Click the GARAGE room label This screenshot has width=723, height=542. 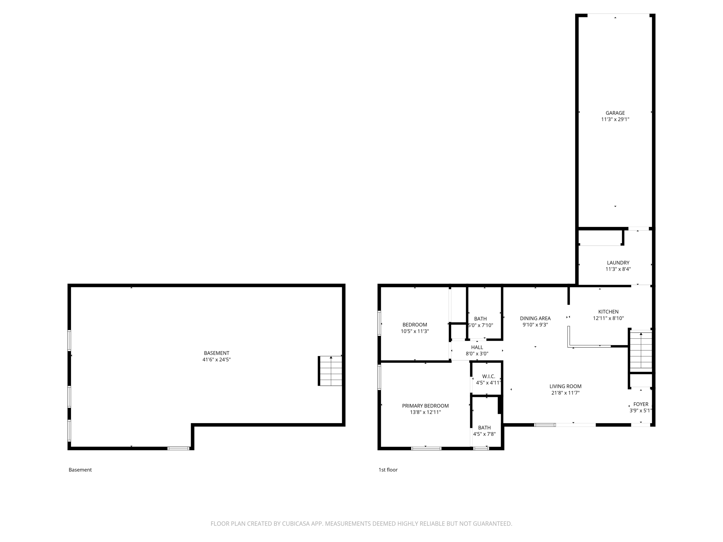615,113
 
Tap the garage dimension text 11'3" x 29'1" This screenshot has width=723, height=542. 615,119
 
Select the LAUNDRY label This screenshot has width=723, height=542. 618,263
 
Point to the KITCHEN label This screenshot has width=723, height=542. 608,312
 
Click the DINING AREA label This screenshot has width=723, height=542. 535,318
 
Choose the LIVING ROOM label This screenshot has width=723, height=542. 565,386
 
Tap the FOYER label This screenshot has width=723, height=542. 640,404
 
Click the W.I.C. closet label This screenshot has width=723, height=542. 489,377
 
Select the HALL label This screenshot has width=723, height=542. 477,347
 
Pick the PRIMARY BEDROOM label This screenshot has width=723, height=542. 425,406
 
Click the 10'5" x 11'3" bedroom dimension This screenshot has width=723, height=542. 414,331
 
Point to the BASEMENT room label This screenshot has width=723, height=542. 216,353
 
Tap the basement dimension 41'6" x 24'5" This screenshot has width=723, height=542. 216,360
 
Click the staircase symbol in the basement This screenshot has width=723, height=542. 330,371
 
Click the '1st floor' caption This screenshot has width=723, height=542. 388,470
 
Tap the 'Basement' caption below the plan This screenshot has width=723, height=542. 80,470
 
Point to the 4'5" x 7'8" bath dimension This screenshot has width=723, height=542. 484,434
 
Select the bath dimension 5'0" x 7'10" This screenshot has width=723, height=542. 480,325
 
